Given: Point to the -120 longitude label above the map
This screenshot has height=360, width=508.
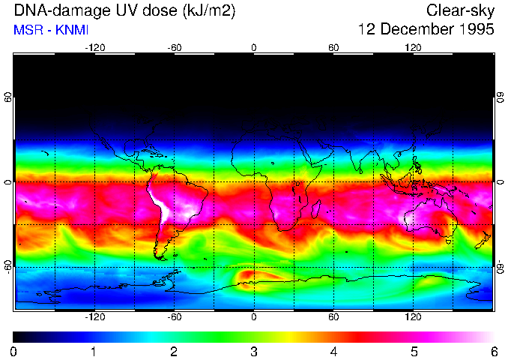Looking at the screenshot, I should tap(94, 47).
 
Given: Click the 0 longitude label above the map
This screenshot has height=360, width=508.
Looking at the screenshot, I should tap(254, 47).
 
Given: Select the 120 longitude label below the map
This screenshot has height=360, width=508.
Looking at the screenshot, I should tap(413, 317).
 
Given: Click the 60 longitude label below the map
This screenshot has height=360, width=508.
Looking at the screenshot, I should tap(333, 317).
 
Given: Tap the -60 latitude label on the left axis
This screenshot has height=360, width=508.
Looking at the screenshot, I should tap(8, 267).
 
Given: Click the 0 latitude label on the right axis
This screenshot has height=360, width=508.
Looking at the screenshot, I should tap(500, 182).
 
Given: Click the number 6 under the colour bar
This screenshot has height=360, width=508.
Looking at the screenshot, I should tap(494, 351).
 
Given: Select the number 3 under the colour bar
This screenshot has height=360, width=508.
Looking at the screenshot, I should tap(254, 351).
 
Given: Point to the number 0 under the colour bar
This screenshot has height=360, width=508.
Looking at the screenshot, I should tap(14, 351).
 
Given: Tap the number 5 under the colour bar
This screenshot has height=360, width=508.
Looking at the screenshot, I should tap(414, 351).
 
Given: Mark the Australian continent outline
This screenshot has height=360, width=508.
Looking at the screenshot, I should tap(429, 217).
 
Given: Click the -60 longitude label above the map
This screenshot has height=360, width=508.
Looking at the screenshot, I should tap(174, 47).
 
